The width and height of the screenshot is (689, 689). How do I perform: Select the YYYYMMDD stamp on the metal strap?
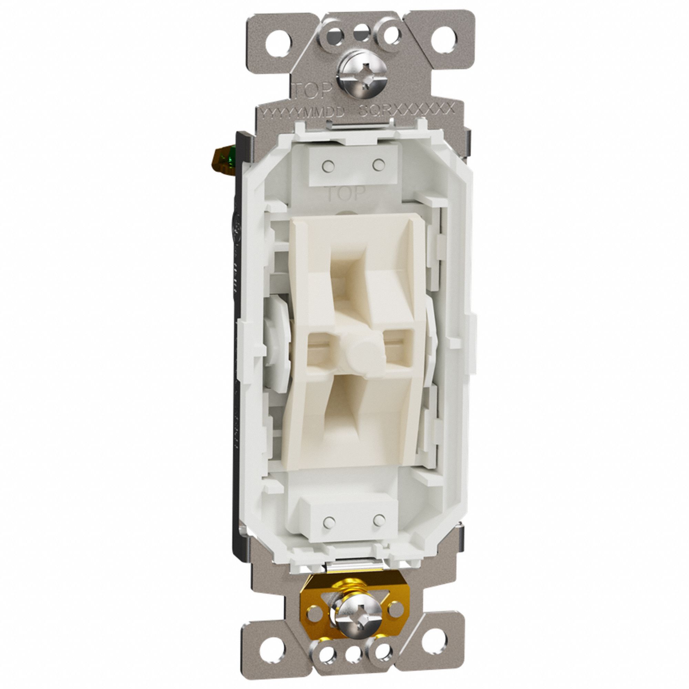pos(302,112)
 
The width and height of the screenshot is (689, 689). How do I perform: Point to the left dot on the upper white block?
pos(326,166)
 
